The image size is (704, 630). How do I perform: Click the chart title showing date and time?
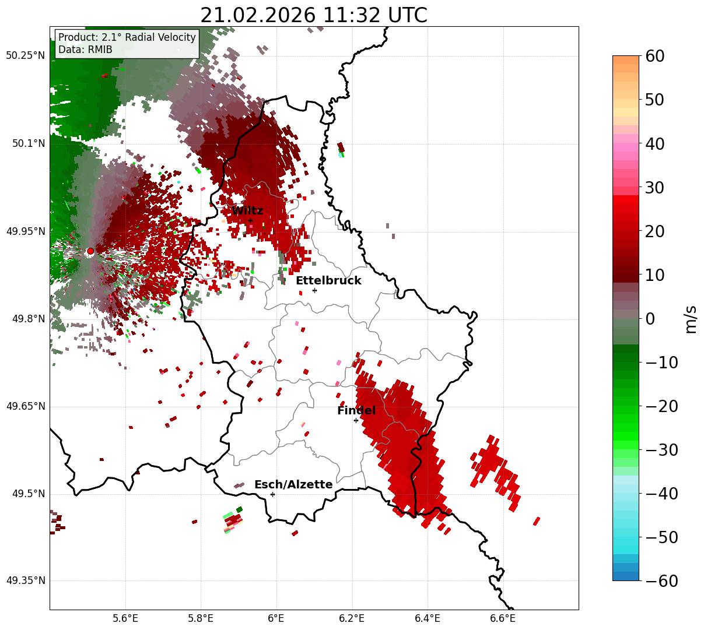tap(313, 15)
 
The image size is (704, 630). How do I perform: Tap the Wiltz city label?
tap(247, 211)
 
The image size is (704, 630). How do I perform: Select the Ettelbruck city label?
tap(328, 281)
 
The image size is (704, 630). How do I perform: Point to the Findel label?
tap(356, 411)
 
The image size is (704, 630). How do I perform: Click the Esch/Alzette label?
tap(293, 485)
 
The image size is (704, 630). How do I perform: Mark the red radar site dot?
tap(90, 251)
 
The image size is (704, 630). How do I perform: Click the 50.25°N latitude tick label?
tap(25, 56)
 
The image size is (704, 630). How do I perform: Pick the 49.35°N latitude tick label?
tap(25, 581)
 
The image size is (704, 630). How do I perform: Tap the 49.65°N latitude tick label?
tap(25, 406)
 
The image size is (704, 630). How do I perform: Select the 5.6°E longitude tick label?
tap(125, 618)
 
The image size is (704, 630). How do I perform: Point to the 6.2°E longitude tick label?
tap(352, 618)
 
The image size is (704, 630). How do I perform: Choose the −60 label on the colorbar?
tap(661, 581)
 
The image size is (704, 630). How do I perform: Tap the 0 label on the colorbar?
tap(650, 319)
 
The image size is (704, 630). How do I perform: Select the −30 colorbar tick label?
tap(661, 450)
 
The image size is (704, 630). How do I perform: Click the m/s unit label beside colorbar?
tap(691, 319)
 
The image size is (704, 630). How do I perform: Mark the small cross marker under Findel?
tap(356, 420)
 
